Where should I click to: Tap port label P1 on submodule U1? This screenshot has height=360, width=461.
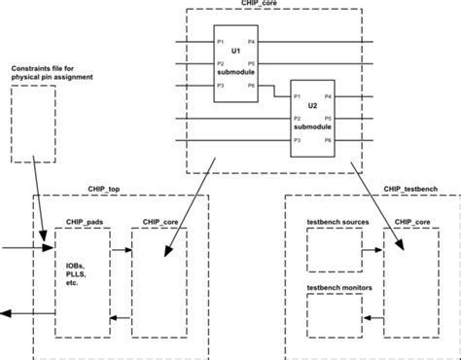pyautogui.click(x=222, y=42)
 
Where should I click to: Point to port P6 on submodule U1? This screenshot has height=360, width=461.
pyautogui.click(x=251, y=87)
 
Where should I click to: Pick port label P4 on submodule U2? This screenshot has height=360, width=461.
pyautogui.click(x=327, y=96)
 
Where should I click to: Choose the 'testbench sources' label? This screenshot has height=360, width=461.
pyautogui.click(x=337, y=222)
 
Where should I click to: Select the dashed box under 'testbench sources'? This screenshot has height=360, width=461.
pyautogui.click(x=333, y=251)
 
